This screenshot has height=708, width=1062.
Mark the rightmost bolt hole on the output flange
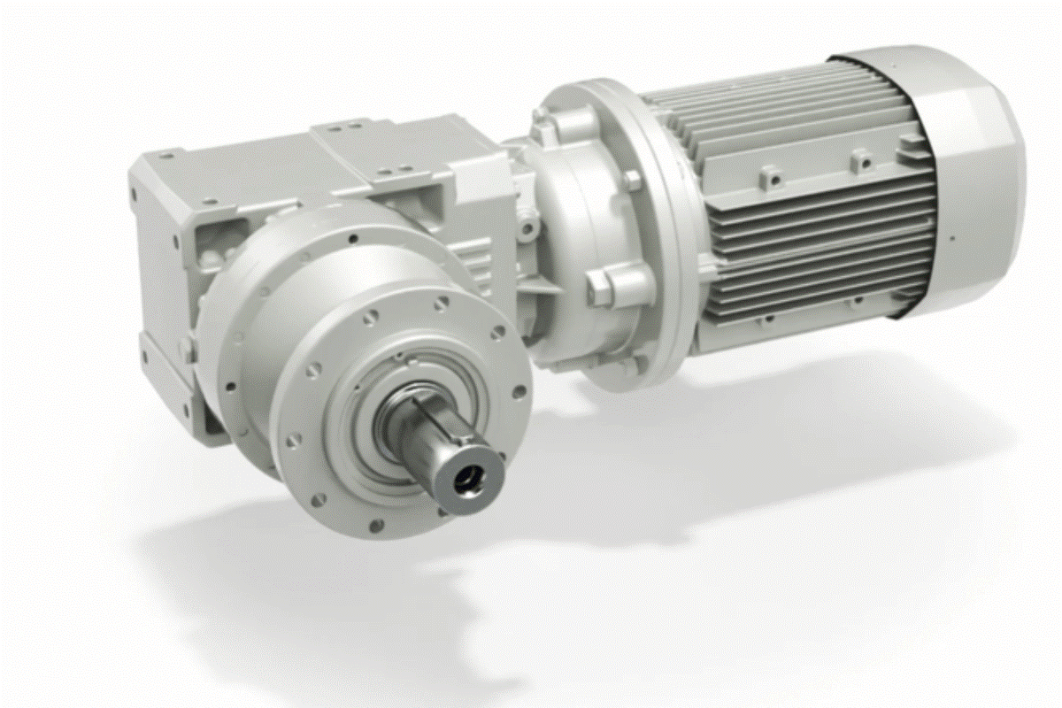click(x=517, y=390)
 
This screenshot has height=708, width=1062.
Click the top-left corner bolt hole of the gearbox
click(x=165, y=158)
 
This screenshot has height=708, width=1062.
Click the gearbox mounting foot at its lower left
click(x=207, y=425)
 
